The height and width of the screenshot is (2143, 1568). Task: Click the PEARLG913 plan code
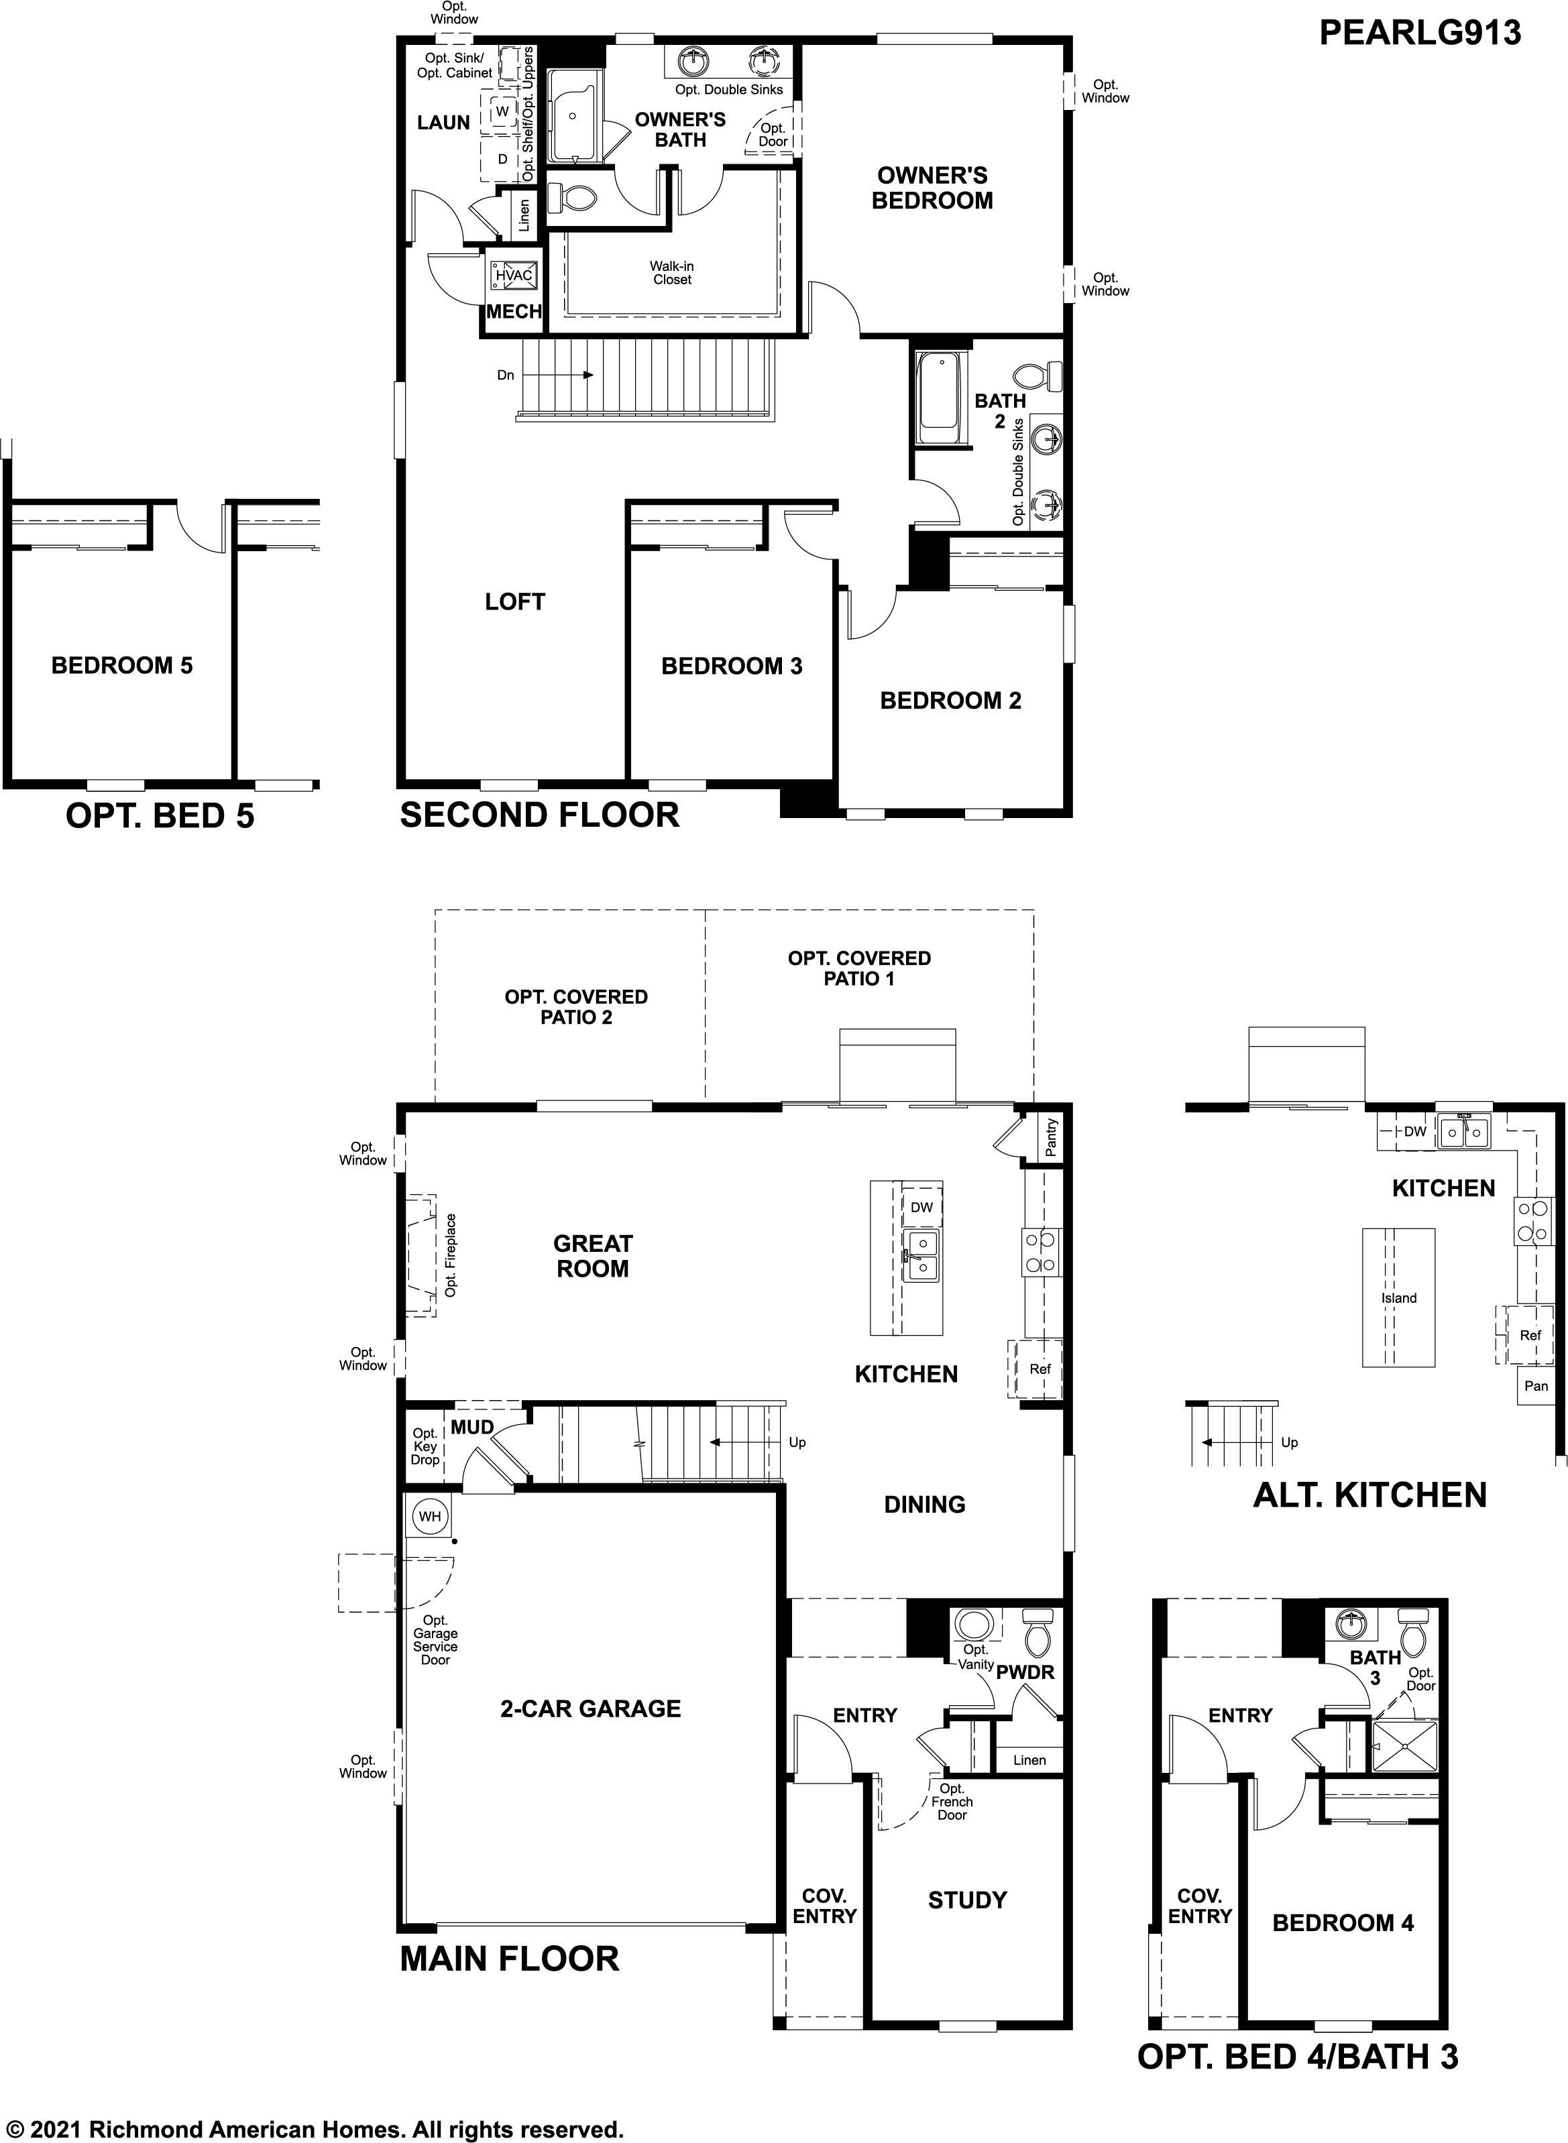(1419, 34)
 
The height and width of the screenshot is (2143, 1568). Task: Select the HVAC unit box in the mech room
(514, 276)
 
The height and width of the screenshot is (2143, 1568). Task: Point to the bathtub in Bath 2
(940, 398)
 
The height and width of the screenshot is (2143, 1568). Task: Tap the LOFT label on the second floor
(514, 601)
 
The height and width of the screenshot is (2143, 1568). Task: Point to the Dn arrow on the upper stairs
(555, 375)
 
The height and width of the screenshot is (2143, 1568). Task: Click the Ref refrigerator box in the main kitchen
(1040, 1369)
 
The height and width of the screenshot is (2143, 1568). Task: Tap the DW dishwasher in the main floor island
(921, 1207)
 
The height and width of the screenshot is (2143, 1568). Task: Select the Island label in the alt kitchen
(1398, 1297)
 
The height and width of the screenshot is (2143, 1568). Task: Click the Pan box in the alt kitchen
(1536, 1386)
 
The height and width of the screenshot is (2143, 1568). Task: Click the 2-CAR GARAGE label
(590, 1708)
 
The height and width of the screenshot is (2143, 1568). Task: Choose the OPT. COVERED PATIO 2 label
(576, 1007)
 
